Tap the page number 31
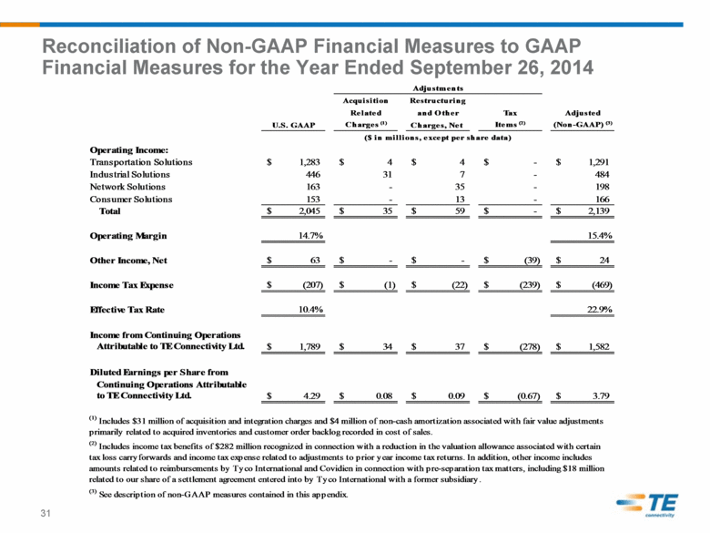[46, 513]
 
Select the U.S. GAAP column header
[293, 125]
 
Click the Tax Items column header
[510, 118]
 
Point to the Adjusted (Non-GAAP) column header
[583, 118]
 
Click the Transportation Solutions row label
[141, 162]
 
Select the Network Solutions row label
[127, 186]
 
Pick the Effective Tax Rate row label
[127, 310]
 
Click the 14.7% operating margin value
[310, 235]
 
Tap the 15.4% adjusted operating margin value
[600, 235]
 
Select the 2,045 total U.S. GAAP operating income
[309, 210]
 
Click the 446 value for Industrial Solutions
[313, 174]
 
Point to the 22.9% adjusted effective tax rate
[600, 310]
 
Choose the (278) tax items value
[530, 347]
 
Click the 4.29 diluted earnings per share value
[311, 395]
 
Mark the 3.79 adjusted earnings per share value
[601, 395]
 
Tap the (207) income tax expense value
[312, 285]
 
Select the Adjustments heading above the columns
[438, 88]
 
